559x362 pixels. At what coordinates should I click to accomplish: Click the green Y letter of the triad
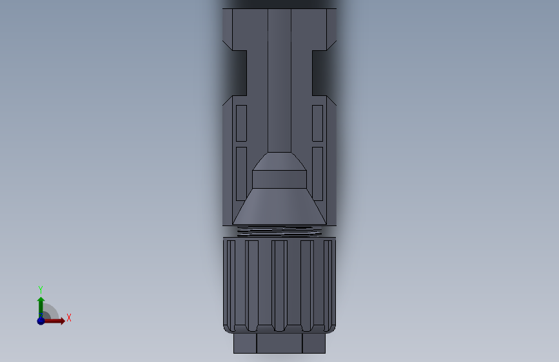pos(41,289)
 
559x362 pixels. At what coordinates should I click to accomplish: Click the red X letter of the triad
pos(68,318)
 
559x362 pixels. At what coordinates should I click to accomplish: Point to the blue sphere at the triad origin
pos(41,320)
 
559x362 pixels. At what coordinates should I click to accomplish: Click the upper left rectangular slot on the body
pos(241,123)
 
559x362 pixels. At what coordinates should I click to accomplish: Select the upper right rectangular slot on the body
pos(317,123)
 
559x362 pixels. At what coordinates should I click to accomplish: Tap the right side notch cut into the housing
pos(324,71)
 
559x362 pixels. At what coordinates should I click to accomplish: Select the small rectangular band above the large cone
pos(279,179)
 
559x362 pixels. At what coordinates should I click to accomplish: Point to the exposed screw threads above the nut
pos(279,231)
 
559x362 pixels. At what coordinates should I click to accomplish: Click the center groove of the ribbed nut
pos(279,283)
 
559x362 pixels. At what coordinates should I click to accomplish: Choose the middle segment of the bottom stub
pos(279,343)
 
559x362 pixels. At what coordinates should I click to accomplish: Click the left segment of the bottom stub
pos(245,343)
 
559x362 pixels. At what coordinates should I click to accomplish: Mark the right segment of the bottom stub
pos(313,343)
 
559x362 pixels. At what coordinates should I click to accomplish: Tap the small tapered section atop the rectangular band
pos(279,161)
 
